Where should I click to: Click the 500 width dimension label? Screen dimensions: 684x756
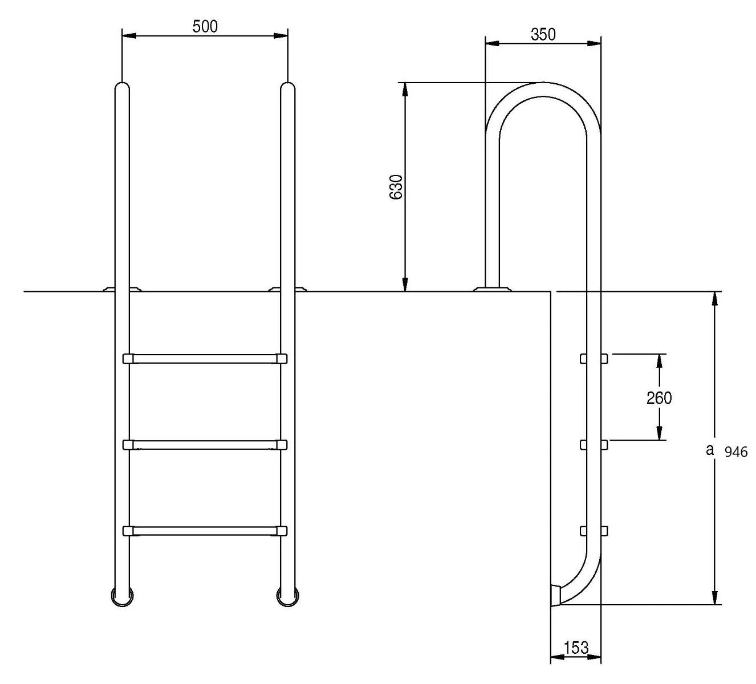click(x=205, y=26)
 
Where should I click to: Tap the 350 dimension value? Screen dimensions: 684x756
click(x=543, y=34)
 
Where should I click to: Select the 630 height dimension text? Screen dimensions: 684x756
click(x=396, y=186)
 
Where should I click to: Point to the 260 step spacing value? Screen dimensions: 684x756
click(x=659, y=398)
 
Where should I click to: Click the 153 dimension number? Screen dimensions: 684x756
click(x=576, y=648)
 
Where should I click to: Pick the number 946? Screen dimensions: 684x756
click(x=735, y=453)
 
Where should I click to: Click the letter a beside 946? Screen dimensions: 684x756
click(x=709, y=450)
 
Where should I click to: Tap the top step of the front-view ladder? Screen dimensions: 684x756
click(x=205, y=359)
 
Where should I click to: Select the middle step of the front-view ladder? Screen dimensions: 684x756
click(x=205, y=445)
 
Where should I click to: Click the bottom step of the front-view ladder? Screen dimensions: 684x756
click(x=205, y=531)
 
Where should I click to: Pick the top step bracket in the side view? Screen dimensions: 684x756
click(x=594, y=359)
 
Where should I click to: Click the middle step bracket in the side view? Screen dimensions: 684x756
click(x=594, y=445)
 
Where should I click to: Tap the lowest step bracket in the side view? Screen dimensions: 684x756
click(x=594, y=531)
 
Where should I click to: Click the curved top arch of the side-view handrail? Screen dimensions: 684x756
click(x=543, y=89)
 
